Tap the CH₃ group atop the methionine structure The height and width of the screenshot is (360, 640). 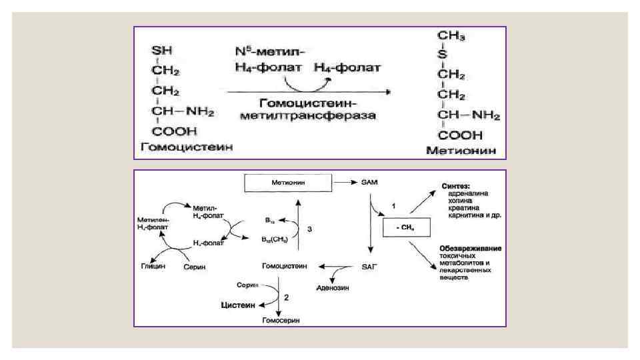coord(451,35)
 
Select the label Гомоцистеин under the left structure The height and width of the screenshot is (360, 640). coord(184,147)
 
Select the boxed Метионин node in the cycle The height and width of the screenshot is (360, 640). coord(288,181)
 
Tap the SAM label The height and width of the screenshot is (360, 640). coord(370,181)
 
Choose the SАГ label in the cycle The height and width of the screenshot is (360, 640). coord(370,265)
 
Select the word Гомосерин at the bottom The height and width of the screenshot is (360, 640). coord(280,321)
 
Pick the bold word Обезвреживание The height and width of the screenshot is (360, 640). coord(471,249)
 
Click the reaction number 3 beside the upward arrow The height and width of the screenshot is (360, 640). coord(309,229)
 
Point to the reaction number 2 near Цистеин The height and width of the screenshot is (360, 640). coord(286,297)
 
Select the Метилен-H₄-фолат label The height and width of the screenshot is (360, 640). coord(153,223)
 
